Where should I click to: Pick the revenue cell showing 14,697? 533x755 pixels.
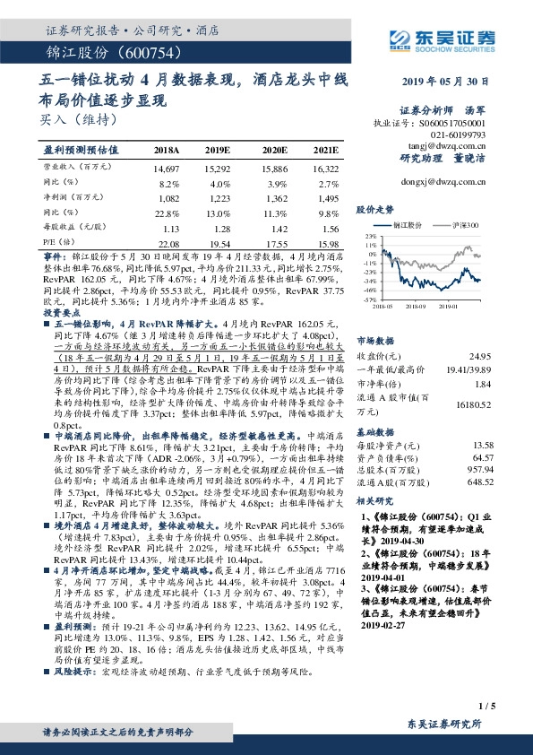[x=167, y=168]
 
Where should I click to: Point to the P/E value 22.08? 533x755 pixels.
[x=168, y=244]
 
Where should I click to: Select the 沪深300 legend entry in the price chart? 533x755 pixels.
[x=469, y=226]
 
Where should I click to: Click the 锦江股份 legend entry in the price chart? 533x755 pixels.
[x=414, y=226]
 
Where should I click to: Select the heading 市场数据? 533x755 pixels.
[x=375, y=341]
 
